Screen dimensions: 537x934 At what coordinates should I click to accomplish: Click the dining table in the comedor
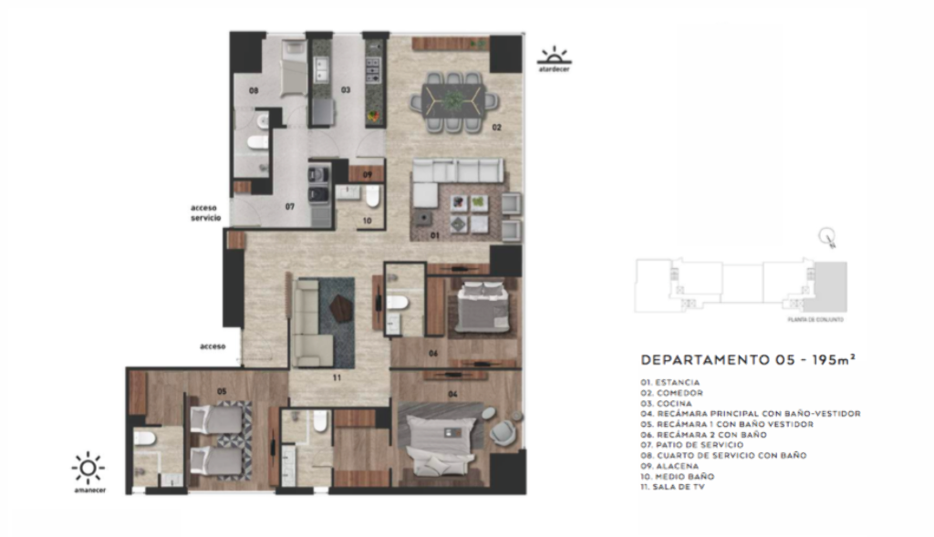coord(453,100)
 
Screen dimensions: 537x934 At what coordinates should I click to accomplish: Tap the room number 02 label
coord(498,127)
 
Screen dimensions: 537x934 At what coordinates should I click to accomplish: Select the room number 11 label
coord(337,376)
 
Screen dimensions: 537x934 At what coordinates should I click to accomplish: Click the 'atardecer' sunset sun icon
coord(553,57)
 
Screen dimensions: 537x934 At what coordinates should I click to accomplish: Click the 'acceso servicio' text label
coord(204,213)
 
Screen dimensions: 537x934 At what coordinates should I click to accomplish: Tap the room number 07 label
coord(289,207)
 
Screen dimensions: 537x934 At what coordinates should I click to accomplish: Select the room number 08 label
coord(254,90)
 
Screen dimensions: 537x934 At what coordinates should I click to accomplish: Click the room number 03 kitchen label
coord(346,90)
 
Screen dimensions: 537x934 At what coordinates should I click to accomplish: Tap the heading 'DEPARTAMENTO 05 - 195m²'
coord(748,359)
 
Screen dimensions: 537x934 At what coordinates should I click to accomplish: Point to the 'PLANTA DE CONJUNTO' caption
coord(818,320)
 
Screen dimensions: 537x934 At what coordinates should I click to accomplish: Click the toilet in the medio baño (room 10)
coord(372,196)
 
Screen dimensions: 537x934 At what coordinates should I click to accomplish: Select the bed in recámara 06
coord(483,307)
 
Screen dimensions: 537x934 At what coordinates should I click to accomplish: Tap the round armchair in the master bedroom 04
coord(504,430)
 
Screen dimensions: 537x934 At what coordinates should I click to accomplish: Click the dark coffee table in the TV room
coord(341,308)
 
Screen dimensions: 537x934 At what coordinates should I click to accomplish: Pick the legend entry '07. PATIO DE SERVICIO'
coord(691,444)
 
